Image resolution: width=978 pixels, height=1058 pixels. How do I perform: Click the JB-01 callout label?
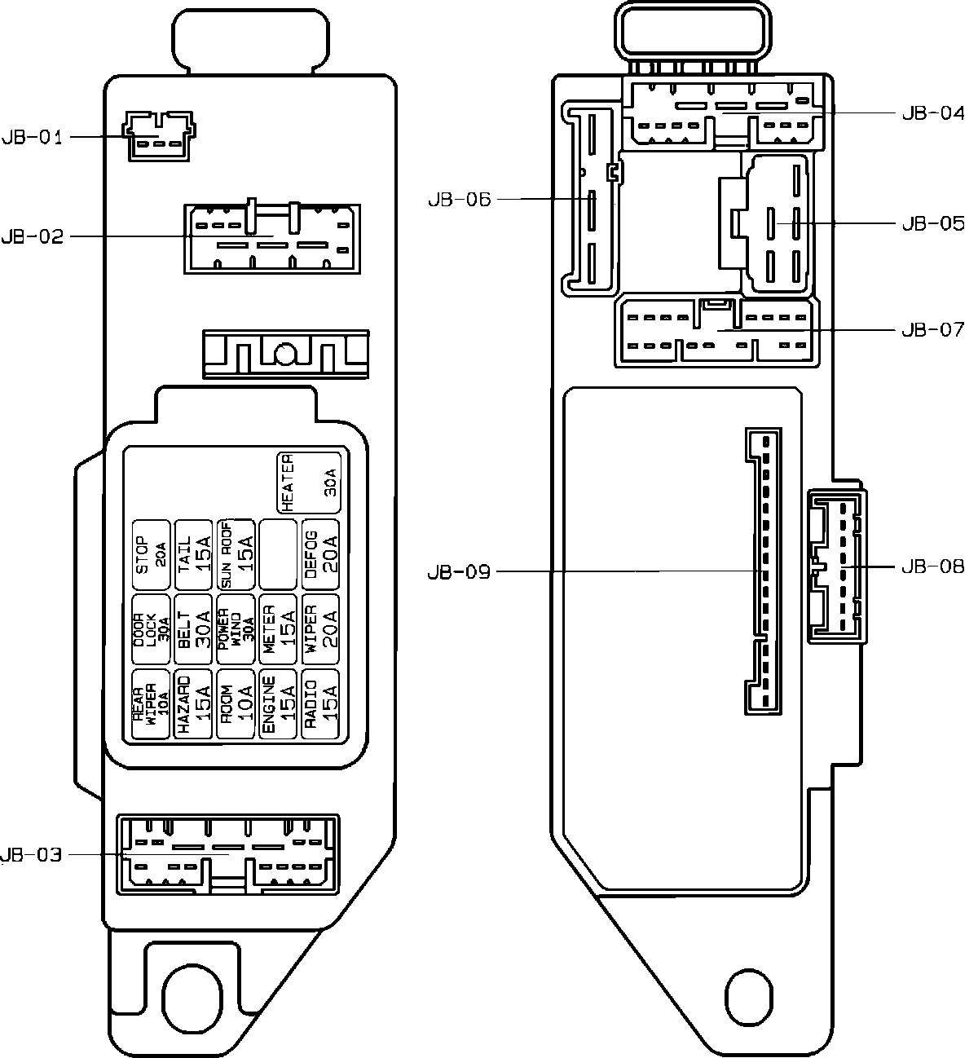point(32,137)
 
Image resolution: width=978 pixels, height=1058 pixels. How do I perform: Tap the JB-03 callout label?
point(32,855)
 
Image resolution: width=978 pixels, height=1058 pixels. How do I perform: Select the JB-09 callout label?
point(459,572)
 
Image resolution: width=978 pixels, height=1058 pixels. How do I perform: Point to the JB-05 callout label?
point(932,223)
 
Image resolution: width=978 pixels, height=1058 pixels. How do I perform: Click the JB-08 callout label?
point(932,566)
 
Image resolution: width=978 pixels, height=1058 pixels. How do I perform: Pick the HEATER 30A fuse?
point(309,483)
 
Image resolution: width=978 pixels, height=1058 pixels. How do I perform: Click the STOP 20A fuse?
point(152,554)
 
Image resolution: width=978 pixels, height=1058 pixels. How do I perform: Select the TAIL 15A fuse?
point(194,554)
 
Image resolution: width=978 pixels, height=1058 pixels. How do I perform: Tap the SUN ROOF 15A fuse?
point(236,554)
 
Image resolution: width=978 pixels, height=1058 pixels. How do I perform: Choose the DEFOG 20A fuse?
point(320,554)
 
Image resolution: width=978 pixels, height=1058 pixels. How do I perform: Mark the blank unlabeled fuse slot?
point(278,554)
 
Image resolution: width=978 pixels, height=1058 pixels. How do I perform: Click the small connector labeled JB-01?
point(159,136)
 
